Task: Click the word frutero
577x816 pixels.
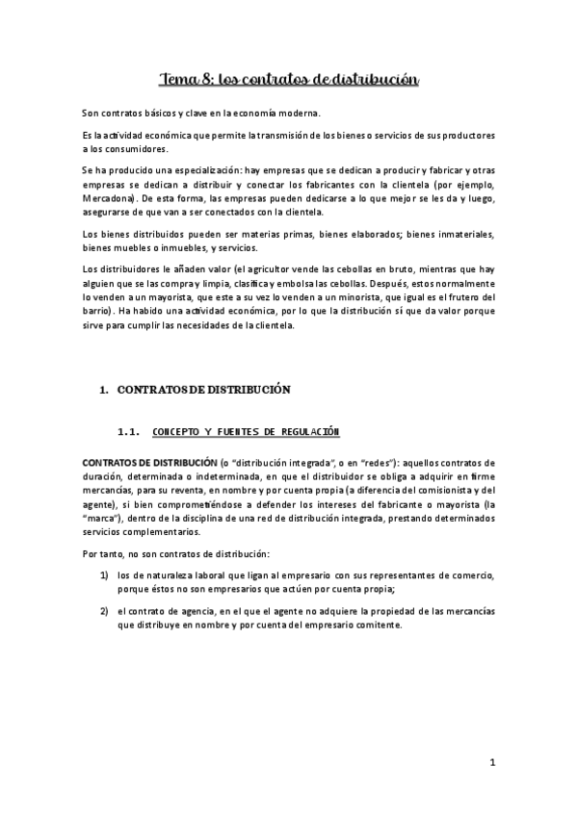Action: pos(459,298)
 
